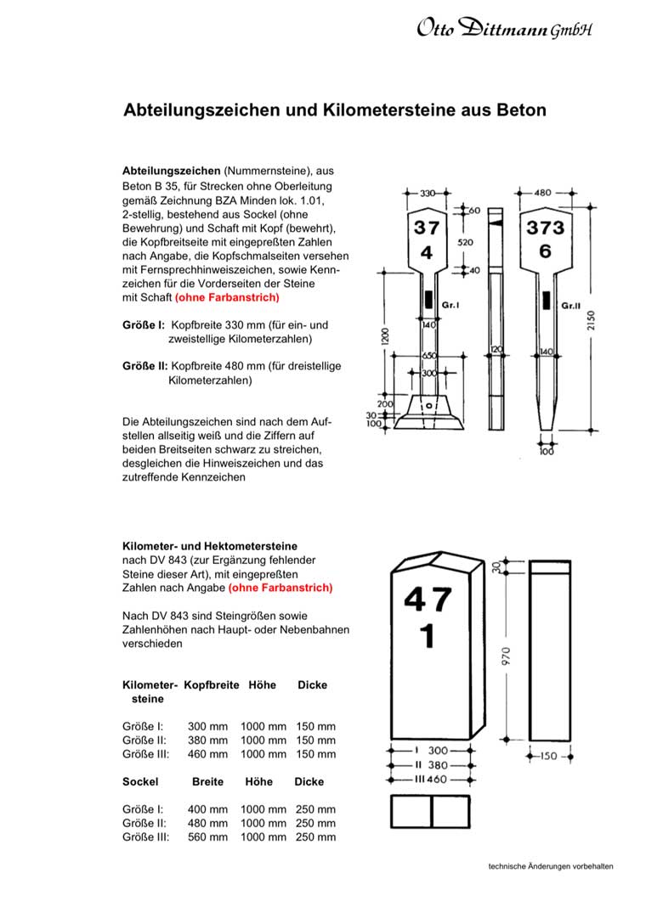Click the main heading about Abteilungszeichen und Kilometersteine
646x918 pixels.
tap(335, 110)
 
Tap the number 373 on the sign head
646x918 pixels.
tap(546, 228)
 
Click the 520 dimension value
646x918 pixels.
tap(465, 242)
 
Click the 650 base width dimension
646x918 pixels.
tap(429, 356)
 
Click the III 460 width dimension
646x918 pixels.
tap(431, 779)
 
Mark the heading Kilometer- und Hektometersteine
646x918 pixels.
tap(210, 546)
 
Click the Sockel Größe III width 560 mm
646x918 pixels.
tap(207, 836)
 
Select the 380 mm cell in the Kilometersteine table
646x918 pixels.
tap(207, 740)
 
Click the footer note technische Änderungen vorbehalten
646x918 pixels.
tap(551, 867)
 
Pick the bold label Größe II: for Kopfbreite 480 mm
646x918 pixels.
tap(144, 365)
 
